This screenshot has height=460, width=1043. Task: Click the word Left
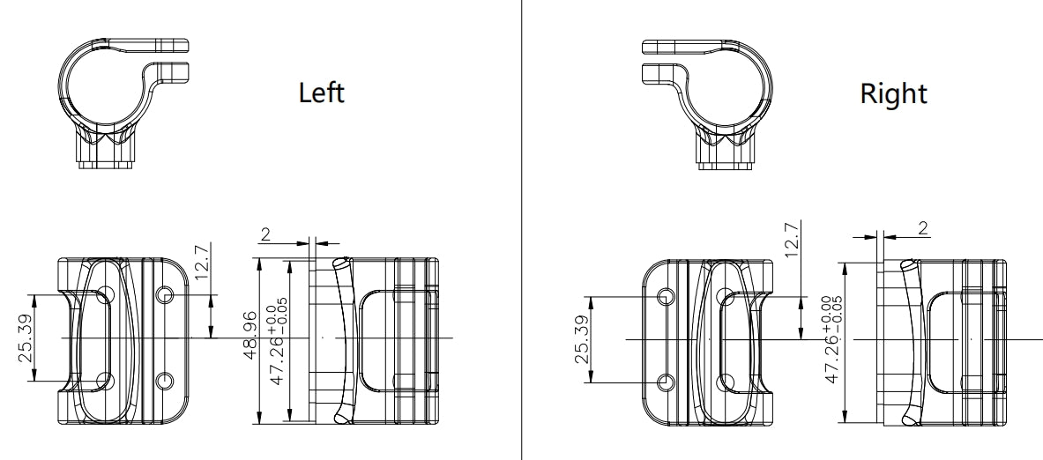click(321, 93)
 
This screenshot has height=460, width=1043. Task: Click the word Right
click(893, 93)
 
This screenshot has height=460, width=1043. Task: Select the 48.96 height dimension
click(250, 335)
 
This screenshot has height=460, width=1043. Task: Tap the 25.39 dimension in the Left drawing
click(26, 338)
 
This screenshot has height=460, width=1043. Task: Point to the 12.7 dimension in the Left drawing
click(202, 260)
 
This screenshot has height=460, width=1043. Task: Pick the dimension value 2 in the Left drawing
click(266, 234)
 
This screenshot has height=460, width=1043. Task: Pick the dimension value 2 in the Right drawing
click(922, 228)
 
